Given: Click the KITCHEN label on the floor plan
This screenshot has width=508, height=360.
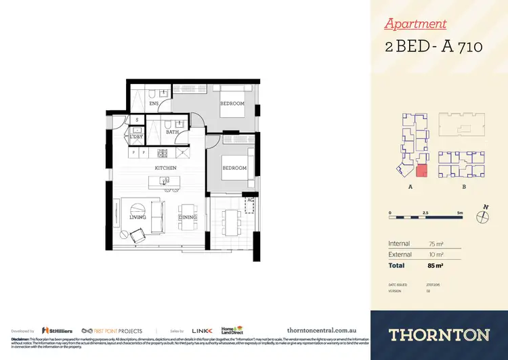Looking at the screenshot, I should pyautogui.click(x=166, y=167).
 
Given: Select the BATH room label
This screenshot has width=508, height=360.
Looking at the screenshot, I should pyautogui.click(x=173, y=132).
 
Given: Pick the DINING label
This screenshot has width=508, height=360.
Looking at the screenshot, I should pyautogui.click(x=188, y=219).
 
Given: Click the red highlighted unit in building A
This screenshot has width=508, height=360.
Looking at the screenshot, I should pyautogui.click(x=421, y=173).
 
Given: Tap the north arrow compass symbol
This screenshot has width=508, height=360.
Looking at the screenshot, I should pyautogui.click(x=484, y=216).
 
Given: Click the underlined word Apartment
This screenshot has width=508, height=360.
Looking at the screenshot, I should pyautogui.click(x=415, y=24).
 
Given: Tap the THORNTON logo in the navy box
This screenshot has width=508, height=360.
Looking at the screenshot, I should pyautogui.click(x=439, y=334).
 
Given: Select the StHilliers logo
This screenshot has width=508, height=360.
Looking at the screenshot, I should pyautogui.click(x=58, y=330).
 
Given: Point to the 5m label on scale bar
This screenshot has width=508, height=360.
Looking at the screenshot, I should pyautogui.click(x=460, y=212).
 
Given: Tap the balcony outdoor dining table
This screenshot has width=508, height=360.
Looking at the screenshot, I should pyautogui.click(x=232, y=219).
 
